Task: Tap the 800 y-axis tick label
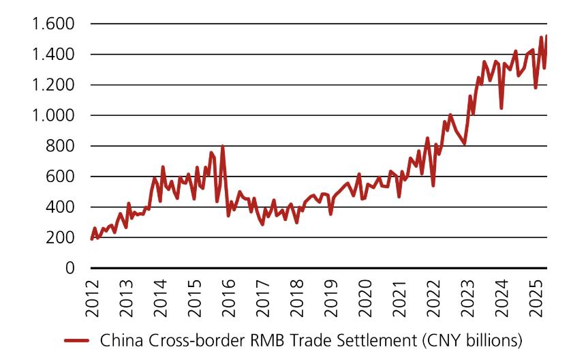click(x=59, y=146)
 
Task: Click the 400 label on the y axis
click(x=59, y=207)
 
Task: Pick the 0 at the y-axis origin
click(x=68, y=268)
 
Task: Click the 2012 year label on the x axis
click(x=93, y=297)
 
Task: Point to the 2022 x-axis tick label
click(x=433, y=297)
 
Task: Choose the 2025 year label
click(x=535, y=297)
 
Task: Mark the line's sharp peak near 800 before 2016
click(x=222, y=147)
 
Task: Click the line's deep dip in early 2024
click(x=502, y=108)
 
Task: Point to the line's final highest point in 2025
click(x=546, y=35)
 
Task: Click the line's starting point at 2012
click(x=91, y=239)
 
